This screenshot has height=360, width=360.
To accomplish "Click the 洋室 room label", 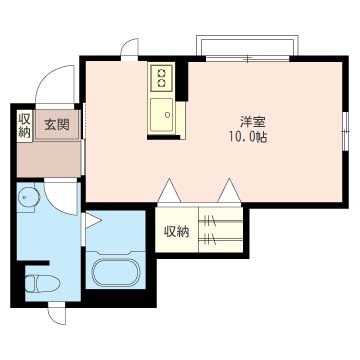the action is (x=252, y=122).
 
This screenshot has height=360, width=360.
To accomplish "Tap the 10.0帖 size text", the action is (x=248, y=137).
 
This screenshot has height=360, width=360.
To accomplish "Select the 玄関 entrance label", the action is (x=57, y=125).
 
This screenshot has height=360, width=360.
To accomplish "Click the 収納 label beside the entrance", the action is (x=24, y=125).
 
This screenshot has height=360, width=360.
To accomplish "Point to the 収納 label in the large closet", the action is (x=176, y=231).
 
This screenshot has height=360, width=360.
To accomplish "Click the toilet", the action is (x=42, y=284).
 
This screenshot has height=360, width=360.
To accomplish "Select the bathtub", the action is (x=116, y=272).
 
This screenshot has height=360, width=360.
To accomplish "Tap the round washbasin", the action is (x=29, y=197).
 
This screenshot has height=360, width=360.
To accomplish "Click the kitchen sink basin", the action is (x=161, y=115).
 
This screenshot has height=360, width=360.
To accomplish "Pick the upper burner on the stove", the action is (x=161, y=72).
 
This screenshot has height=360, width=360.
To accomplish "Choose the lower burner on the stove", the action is (x=161, y=82).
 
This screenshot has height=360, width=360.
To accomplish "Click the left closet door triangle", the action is (x=169, y=191).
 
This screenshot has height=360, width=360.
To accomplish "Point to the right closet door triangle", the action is (x=229, y=191).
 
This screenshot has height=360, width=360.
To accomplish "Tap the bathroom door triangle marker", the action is (x=93, y=221).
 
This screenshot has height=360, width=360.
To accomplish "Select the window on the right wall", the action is (x=346, y=132).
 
